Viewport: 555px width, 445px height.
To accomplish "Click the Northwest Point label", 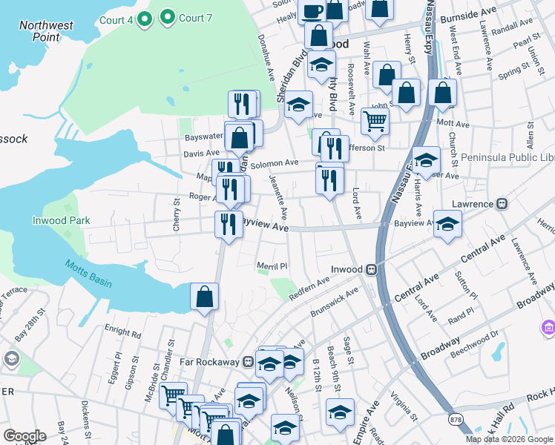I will tap(46, 30).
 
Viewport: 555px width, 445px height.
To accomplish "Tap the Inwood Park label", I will tap(61, 220).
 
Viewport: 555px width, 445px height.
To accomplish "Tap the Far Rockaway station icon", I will tap(249, 363).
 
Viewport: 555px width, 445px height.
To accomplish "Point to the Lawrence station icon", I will tap(502, 204).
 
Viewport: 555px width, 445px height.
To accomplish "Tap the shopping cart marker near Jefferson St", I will tap(375, 120).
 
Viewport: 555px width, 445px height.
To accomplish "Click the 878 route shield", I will tap(453, 419).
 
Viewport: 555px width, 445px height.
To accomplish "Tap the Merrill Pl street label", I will tap(272, 266).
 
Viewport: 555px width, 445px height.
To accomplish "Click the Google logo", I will tap(25, 436).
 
